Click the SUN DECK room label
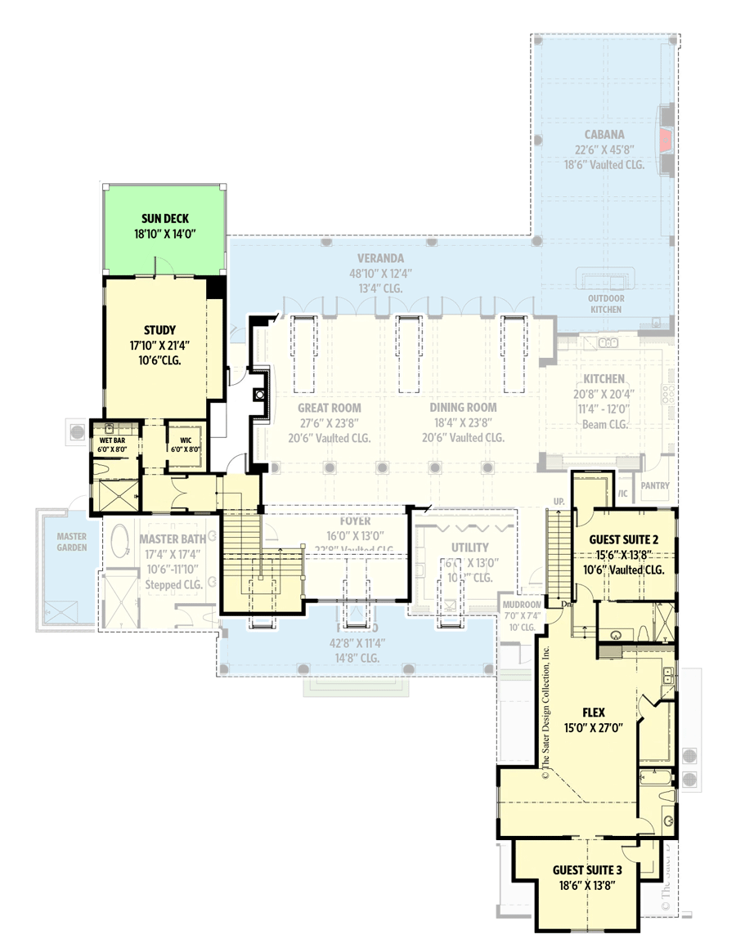[164, 218]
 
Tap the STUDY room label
[159, 330]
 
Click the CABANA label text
[604, 135]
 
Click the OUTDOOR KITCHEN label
[605, 304]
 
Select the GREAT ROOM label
[329, 408]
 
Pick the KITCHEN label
[604, 379]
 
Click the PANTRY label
[655, 486]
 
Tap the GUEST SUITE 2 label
[624, 540]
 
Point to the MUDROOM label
[522, 605]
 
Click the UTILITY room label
[469, 548]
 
